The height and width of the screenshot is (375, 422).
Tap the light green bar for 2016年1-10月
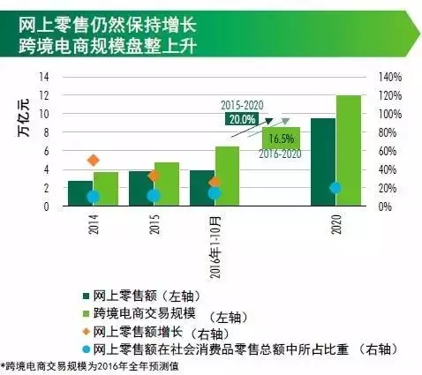[x=227, y=176]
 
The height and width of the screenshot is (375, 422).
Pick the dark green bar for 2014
[x=80, y=193]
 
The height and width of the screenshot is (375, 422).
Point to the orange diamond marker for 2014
[x=94, y=161]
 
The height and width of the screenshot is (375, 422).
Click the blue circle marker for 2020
[x=335, y=188]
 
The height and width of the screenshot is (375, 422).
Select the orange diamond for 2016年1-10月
[x=215, y=183]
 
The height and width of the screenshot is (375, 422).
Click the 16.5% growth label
[x=282, y=139]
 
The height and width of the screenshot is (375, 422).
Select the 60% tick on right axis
[x=388, y=151]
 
